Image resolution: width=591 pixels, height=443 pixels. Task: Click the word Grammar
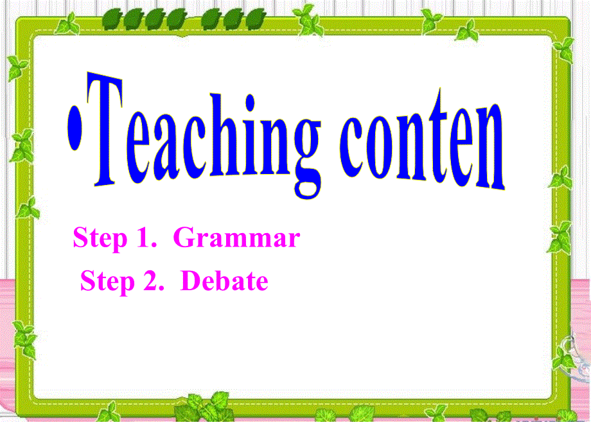[x=237, y=239]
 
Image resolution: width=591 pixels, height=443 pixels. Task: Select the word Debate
[x=224, y=281]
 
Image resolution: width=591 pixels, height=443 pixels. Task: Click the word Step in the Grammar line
[x=100, y=239]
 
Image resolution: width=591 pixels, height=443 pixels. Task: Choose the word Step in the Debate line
[x=107, y=282]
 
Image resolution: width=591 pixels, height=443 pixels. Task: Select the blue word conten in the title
[x=421, y=144]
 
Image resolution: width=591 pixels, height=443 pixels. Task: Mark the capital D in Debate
[x=191, y=281]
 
